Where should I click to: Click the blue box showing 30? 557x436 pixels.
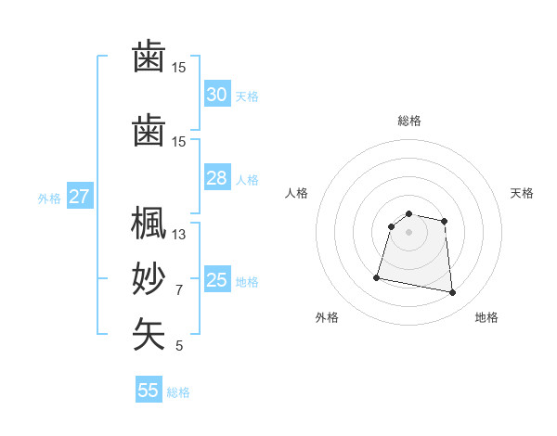[216, 95]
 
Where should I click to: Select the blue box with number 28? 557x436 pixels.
[216, 178]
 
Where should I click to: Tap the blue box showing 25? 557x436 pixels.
[216, 280]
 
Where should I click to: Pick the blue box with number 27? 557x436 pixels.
[79, 197]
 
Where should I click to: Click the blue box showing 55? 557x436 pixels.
[149, 391]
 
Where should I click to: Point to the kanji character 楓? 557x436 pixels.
[149, 225]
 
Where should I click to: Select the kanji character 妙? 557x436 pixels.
[149, 279]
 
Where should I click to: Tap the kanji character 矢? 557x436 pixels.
[149, 335]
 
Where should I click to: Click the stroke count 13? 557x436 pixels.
[179, 235]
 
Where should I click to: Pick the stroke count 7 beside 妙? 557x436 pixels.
[179, 290]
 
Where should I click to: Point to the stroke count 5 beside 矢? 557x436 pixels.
[179, 346]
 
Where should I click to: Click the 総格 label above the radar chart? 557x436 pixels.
[408, 121]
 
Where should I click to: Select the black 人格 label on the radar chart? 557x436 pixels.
[297, 193]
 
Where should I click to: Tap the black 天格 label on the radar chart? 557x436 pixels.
[522, 193]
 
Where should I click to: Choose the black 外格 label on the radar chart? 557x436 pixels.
[327, 317]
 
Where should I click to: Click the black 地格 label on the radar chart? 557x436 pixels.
[486, 317]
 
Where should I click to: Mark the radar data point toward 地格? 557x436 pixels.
[452, 293]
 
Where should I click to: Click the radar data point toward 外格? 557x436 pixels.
[377, 276]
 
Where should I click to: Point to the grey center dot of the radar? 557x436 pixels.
[408, 232]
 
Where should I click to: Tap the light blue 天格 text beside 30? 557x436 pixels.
[247, 96]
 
